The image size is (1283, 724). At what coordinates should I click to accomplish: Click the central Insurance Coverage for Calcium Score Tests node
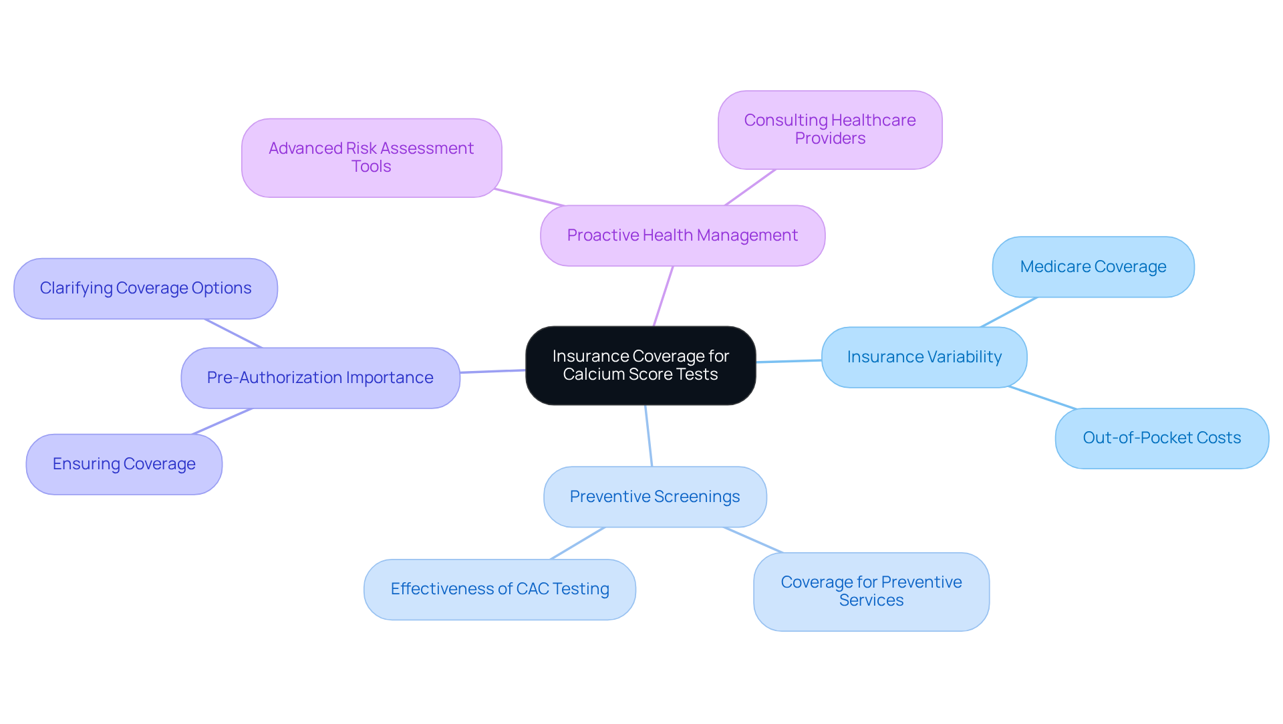click(x=640, y=365)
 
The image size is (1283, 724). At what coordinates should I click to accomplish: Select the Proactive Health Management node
click(x=682, y=235)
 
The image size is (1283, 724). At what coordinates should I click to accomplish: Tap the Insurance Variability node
click(x=923, y=357)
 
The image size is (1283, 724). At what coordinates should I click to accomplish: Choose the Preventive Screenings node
click(x=654, y=497)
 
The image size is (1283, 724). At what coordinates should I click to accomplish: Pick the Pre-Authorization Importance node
click(x=320, y=378)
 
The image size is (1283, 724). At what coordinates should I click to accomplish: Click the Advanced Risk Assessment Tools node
click(x=371, y=158)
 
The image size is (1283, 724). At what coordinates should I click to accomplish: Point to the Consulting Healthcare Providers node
click(x=829, y=130)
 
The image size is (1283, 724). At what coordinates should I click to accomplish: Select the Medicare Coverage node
click(x=1093, y=267)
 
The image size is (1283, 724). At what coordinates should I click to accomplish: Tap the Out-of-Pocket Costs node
click(x=1161, y=438)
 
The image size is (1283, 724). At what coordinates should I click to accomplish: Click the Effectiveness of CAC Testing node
click(x=499, y=589)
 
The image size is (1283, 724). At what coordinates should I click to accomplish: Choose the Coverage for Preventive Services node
click(x=871, y=592)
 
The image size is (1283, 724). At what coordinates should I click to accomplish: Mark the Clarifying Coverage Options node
click(x=145, y=288)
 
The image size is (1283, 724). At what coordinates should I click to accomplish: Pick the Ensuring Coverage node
click(x=124, y=464)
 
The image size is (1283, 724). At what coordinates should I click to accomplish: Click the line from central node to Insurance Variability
click(x=789, y=361)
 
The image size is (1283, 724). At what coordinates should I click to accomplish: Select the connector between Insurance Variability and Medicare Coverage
click(x=1009, y=312)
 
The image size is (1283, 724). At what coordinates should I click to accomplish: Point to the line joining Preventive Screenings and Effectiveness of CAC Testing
click(x=578, y=543)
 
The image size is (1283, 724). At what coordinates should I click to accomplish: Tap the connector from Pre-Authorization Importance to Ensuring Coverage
click(x=223, y=421)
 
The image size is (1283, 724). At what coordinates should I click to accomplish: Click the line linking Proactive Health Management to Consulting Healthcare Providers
click(x=750, y=187)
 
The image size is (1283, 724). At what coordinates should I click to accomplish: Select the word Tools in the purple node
click(x=371, y=166)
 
